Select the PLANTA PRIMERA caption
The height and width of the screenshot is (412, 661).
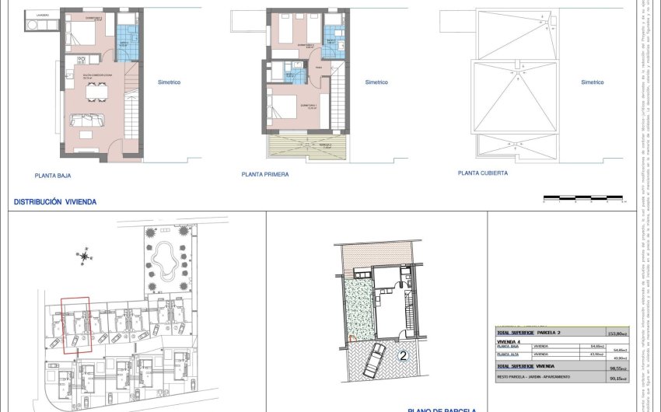tap(265, 175)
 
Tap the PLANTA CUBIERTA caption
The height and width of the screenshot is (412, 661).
tap(483, 174)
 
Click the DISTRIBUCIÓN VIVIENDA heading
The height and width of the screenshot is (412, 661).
tap(54, 201)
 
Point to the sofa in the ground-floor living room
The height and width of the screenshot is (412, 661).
tap(89, 120)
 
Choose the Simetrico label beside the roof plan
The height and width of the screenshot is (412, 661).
tap(592, 82)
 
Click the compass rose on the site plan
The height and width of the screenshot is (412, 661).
tap(83, 255)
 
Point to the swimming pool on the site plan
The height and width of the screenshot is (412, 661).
tap(163, 257)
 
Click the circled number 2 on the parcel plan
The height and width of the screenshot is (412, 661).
tap(404, 357)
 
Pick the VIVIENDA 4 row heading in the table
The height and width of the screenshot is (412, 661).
tap(509, 340)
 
